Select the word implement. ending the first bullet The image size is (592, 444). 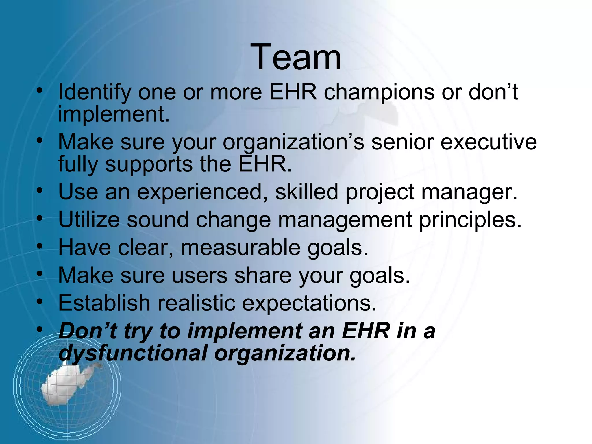pos(114,114)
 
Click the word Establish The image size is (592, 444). pos(104,303)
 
